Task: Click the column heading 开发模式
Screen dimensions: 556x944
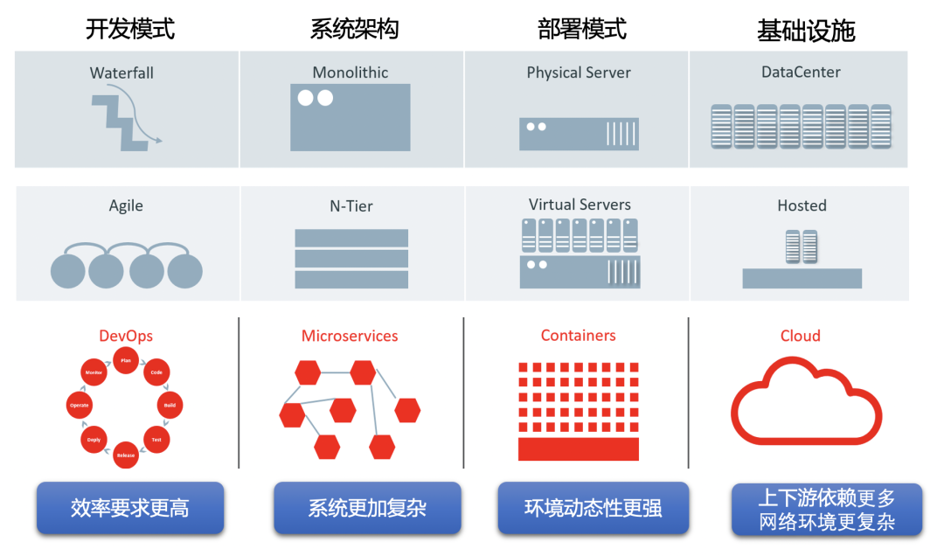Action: [x=130, y=29]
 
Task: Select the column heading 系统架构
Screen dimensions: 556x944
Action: [x=354, y=29]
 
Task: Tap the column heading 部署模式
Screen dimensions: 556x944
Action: [x=582, y=29]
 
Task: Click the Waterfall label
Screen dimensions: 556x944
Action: [x=121, y=73]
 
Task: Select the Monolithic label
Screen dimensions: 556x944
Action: [x=350, y=73]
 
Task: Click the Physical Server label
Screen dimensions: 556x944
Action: [x=579, y=73]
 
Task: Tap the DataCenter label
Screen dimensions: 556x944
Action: [x=801, y=73]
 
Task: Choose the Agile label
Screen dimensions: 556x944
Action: [x=126, y=206]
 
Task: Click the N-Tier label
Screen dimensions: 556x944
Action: [x=351, y=206]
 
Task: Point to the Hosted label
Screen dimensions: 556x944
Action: [x=802, y=206]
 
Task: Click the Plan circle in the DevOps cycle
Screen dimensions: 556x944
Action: [x=126, y=359]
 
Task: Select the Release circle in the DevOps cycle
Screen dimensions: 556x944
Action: [x=126, y=455]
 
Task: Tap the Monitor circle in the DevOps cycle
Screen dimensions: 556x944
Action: [x=94, y=372]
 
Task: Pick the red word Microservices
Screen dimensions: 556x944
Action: [x=350, y=337]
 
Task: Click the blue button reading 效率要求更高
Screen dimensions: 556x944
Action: [x=130, y=508]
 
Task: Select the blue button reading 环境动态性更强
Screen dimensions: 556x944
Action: [x=593, y=508]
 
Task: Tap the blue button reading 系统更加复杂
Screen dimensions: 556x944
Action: [x=367, y=508]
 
